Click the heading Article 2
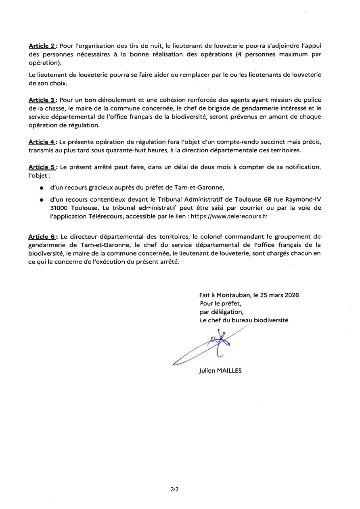(x=42, y=47)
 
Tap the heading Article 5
(x=42, y=167)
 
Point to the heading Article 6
(x=42, y=237)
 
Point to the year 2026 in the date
(x=290, y=295)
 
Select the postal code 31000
(x=59, y=208)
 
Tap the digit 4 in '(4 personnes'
(x=241, y=55)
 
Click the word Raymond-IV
(x=301, y=200)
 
